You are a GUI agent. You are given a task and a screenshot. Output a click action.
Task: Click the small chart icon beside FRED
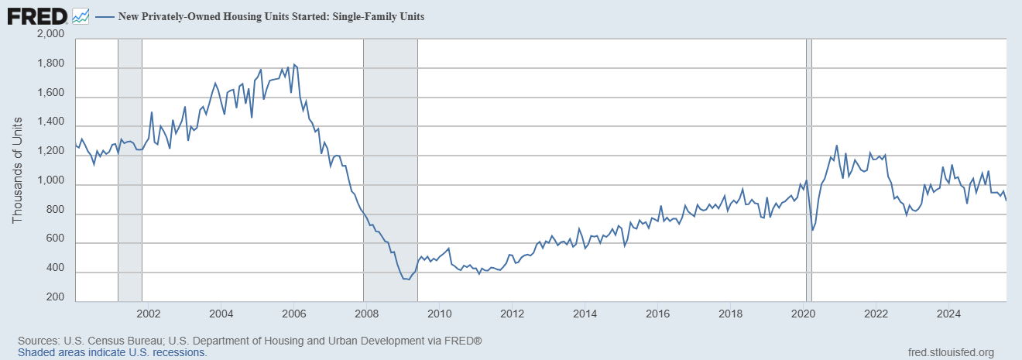pos(80,15)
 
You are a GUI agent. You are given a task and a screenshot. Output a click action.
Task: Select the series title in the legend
pos(270,15)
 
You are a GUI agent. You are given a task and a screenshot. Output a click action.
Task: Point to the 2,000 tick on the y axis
pos(50,35)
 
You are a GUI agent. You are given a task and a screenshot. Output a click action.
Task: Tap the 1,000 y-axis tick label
pos(50,183)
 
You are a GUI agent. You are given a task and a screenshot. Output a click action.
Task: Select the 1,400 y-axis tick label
pos(50,125)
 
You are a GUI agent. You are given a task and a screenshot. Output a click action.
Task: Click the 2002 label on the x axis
pos(148,314)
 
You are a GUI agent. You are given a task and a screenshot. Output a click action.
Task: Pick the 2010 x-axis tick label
pos(439,314)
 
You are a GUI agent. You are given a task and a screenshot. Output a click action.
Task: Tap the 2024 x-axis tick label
pos(948,314)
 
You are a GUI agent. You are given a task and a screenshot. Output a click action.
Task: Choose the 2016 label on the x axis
pos(657,314)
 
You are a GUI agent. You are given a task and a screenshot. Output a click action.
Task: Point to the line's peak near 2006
pos(294,64)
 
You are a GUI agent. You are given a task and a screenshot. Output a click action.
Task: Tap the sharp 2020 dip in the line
pos(812,230)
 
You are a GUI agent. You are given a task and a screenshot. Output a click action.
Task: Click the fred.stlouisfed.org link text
pos(950,353)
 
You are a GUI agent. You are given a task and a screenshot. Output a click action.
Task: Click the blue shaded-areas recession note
pos(112,352)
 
